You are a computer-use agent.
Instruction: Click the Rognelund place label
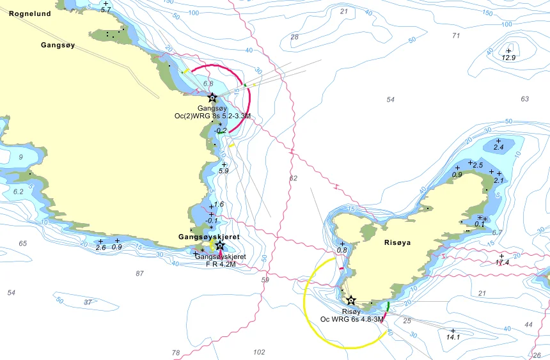[29, 12]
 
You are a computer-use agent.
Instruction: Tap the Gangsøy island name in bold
[58, 45]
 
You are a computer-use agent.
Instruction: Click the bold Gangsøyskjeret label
[208, 237]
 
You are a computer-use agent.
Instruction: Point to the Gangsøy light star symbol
[212, 98]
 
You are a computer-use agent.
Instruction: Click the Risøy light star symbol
[350, 300]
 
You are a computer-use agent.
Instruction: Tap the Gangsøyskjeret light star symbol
[220, 246]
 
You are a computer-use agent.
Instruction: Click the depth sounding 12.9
[508, 58]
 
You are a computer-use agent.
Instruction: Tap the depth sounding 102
[259, 352]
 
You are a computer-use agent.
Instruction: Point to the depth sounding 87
[139, 274]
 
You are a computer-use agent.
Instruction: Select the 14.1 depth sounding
[453, 337]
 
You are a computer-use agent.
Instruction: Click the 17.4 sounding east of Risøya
[502, 262]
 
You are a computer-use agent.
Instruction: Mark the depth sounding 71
[456, 36]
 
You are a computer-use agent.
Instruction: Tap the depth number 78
[176, 352]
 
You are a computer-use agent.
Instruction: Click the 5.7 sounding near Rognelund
[106, 10]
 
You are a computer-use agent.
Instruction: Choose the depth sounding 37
[88, 302]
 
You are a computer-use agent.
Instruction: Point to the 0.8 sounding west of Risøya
[342, 250]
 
